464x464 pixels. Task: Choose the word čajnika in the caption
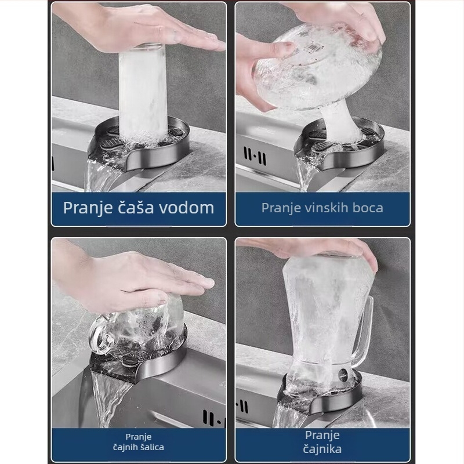[x=322, y=449]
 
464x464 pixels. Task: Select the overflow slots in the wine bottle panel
[x=255, y=156]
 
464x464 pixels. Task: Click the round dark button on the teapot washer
[x=343, y=374]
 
